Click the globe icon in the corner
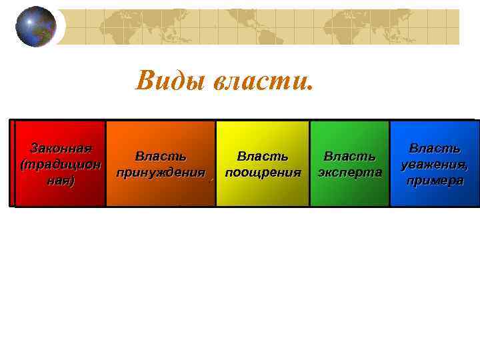click(36, 27)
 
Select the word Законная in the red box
click(61, 148)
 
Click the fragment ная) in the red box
click(61, 181)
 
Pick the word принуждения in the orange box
click(160, 173)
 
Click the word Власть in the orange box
click(160, 157)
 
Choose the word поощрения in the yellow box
click(263, 173)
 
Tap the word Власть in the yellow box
click(263, 157)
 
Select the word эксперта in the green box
click(349, 173)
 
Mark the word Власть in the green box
click(349, 157)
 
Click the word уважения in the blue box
click(434, 165)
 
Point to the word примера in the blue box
click(434, 181)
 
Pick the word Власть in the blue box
click(434, 148)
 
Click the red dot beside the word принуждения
click(211, 179)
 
